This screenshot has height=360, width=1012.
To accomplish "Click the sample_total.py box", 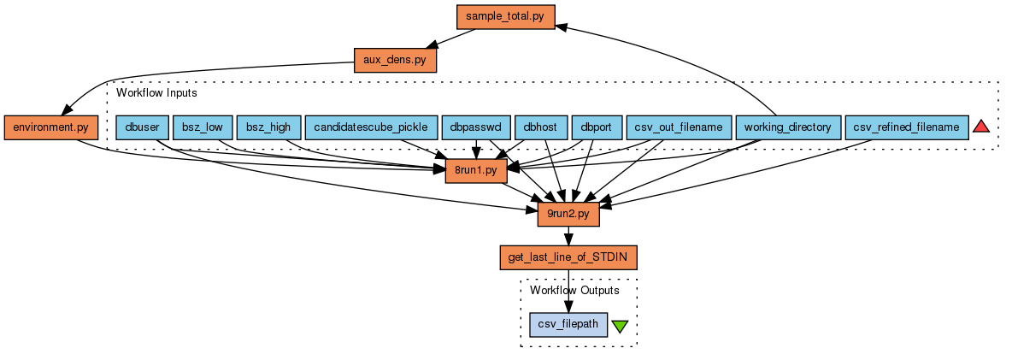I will tap(505, 16).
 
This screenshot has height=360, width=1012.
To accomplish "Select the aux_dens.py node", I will tap(396, 60).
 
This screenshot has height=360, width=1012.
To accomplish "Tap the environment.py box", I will tap(51, 127).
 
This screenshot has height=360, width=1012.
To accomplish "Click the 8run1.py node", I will tap(477, 171).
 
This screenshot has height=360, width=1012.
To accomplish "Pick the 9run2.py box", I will tap(568, 215).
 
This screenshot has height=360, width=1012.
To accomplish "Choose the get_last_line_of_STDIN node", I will tap(568, 257).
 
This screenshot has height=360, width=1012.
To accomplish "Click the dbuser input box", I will tap(141, 127).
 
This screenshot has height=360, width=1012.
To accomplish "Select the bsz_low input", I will tap(202, 127).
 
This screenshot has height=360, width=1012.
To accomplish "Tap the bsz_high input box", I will tap(268, 127).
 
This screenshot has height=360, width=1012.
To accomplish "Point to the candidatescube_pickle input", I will tap(370, 127).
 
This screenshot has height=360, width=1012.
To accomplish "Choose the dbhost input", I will tap(540, 127).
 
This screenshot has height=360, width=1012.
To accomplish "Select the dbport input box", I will tap(595, 127).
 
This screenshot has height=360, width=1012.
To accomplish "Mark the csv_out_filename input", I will tap(679, 127).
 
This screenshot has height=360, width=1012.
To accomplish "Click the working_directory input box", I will tap(787, 127).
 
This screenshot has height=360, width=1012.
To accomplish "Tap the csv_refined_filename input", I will tap(906, 127).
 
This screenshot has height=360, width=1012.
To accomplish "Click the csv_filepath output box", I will tap(568, 325).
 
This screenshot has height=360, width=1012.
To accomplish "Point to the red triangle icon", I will tap(981, 127).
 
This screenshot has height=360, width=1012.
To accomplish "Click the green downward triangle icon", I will tap(621, 326).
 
